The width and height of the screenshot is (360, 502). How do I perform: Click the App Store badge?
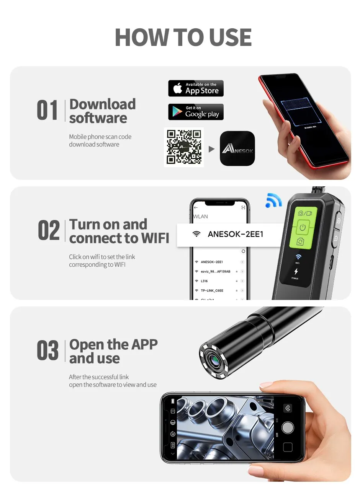(196, 88)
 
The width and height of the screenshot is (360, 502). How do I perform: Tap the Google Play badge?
(196, 112)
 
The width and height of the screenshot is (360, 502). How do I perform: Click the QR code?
(184, 147)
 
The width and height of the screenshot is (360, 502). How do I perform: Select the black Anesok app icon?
(237, 148)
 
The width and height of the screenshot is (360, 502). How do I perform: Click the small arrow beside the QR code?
(211, 149)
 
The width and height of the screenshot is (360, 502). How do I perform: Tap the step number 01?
(47, 111)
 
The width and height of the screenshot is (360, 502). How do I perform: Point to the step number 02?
(49, 231)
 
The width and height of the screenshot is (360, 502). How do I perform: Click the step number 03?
(48, 351)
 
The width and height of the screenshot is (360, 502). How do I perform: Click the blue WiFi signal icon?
(273, 200)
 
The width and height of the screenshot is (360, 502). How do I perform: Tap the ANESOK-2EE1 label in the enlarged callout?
(235, 234)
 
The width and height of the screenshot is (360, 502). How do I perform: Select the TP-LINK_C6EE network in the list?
(212, 290)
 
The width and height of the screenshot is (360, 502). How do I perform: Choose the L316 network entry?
(204, 281)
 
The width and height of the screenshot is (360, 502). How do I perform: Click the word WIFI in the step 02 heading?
(155, 238)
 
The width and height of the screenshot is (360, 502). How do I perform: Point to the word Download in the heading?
(103, 104)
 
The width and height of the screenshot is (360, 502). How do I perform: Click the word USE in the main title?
(230, 37)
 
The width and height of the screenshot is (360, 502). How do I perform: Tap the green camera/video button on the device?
(305, 213)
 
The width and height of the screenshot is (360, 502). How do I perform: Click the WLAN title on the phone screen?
(201, 217)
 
